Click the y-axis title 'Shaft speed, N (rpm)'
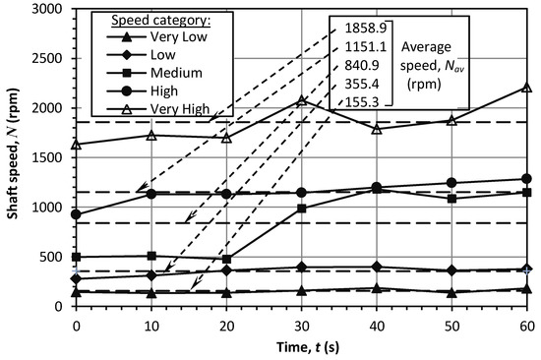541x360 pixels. click(x=14, y=156)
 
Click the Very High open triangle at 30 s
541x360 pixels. click(x=301, y=100)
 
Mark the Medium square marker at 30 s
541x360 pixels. click(x=301, y=209)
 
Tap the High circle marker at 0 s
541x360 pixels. click(x=76, y=214)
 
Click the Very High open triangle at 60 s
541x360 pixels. click(x=526, y=87)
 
